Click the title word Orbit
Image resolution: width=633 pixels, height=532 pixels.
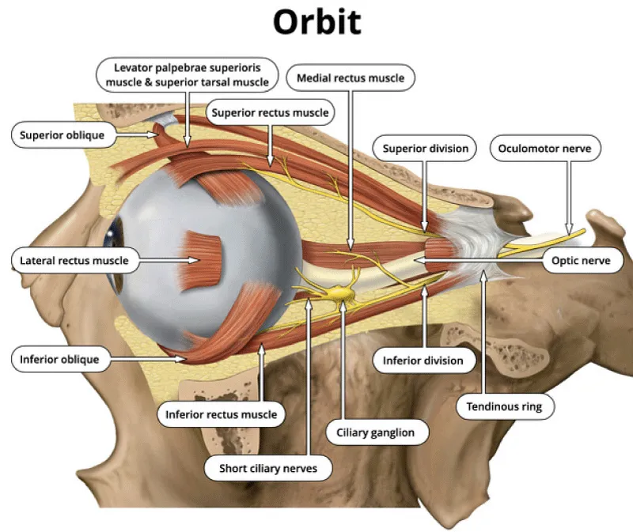(x=316, y=23)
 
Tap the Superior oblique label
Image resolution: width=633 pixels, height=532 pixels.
(x=63, y=135)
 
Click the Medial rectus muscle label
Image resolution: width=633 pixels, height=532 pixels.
(x=350, y=78)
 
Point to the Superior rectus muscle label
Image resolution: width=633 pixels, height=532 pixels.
(x=270, y=113)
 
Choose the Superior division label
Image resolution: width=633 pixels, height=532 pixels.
(x=425, y=148)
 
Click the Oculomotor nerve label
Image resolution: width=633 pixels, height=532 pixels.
(x=545, y=148)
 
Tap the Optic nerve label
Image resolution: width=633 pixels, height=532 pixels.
(x=582, y=260)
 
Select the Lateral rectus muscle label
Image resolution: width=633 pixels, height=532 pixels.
(x=73, y=260)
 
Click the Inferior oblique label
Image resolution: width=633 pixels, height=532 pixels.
(x=60, y=360)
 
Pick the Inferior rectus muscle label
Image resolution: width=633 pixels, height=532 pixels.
(x=221, y=413)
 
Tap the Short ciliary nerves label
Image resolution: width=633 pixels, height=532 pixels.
(x=268, y=468)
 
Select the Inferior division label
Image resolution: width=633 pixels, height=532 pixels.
(x=424, y=360)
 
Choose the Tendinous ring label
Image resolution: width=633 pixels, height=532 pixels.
(x=505, y=406)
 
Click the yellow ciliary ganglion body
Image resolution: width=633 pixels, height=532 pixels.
(x=342, y=294)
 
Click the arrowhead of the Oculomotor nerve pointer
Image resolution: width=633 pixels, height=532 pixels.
(x=567, y=231)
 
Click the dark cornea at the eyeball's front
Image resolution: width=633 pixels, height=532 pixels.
(x=117, y=234)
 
